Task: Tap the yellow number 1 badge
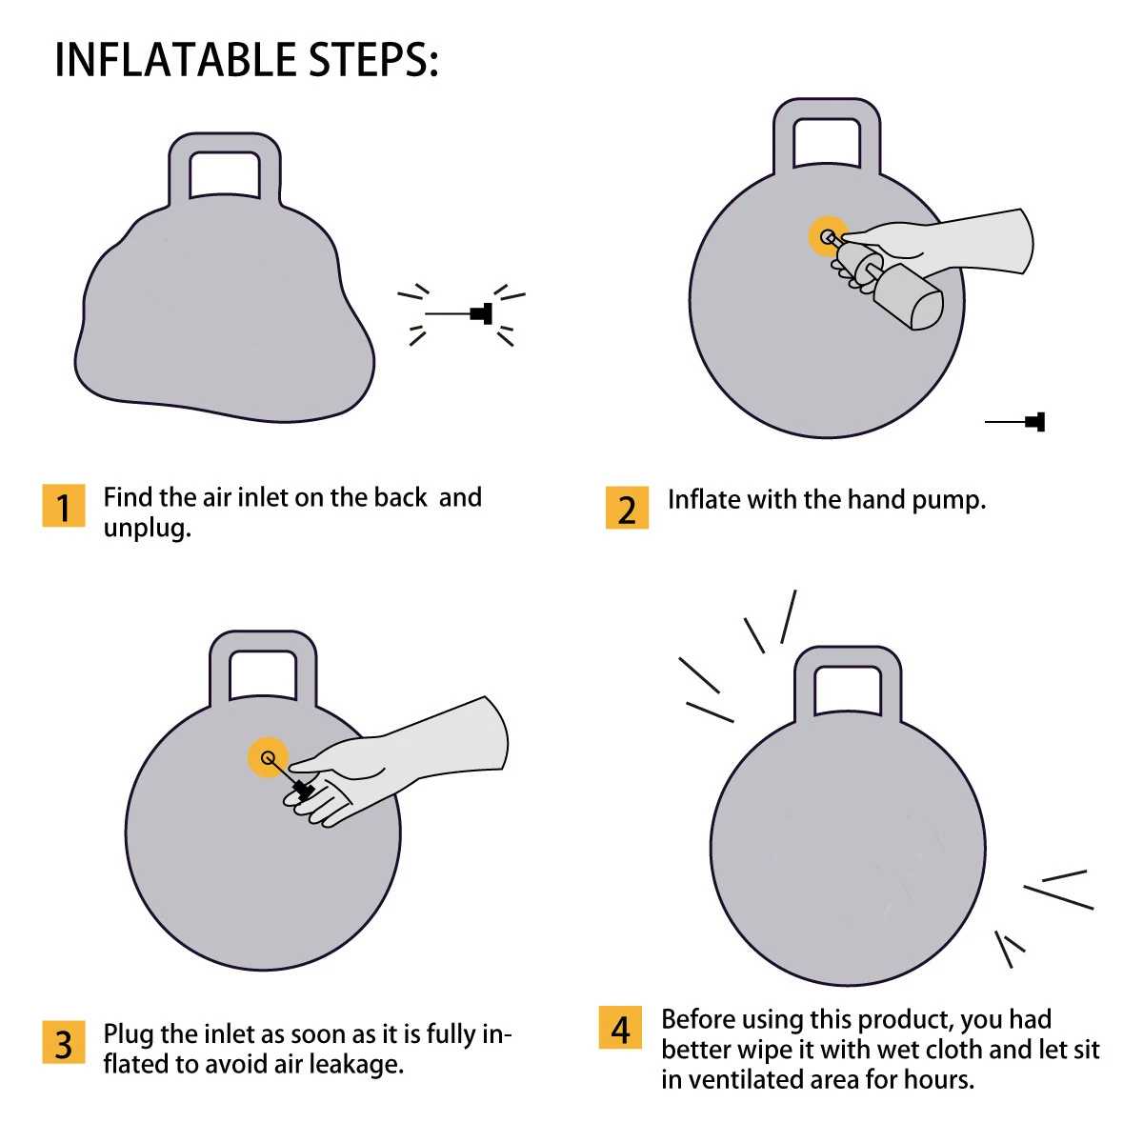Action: (64, 506)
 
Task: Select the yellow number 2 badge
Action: (627, 508)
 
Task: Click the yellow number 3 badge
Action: (64, 1042)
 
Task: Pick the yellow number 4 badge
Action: (620, 1028)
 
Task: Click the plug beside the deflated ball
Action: (458, 313)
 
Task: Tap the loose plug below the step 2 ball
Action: (1014, 422)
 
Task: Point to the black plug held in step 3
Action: (303, 790)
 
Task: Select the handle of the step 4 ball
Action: (848, 656)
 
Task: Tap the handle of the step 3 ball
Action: (263, 641)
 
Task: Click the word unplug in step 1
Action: (147, 528)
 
